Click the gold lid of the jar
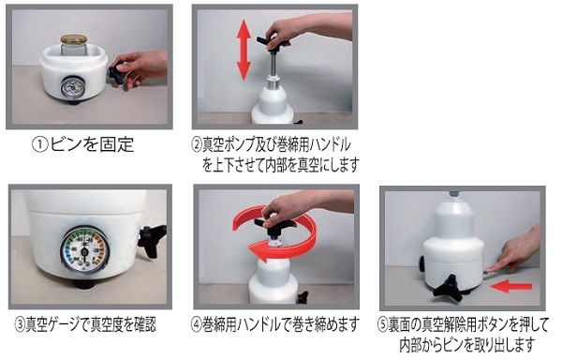73,39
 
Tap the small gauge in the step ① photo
72,87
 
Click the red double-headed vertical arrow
244,50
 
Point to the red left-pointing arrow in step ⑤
510,286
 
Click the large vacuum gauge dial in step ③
84,250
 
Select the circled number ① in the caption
39,144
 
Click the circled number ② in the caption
197,144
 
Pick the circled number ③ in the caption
20,324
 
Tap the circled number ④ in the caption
197,324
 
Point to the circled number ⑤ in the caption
383,325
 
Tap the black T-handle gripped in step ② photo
274,41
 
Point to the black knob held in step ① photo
117,73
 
